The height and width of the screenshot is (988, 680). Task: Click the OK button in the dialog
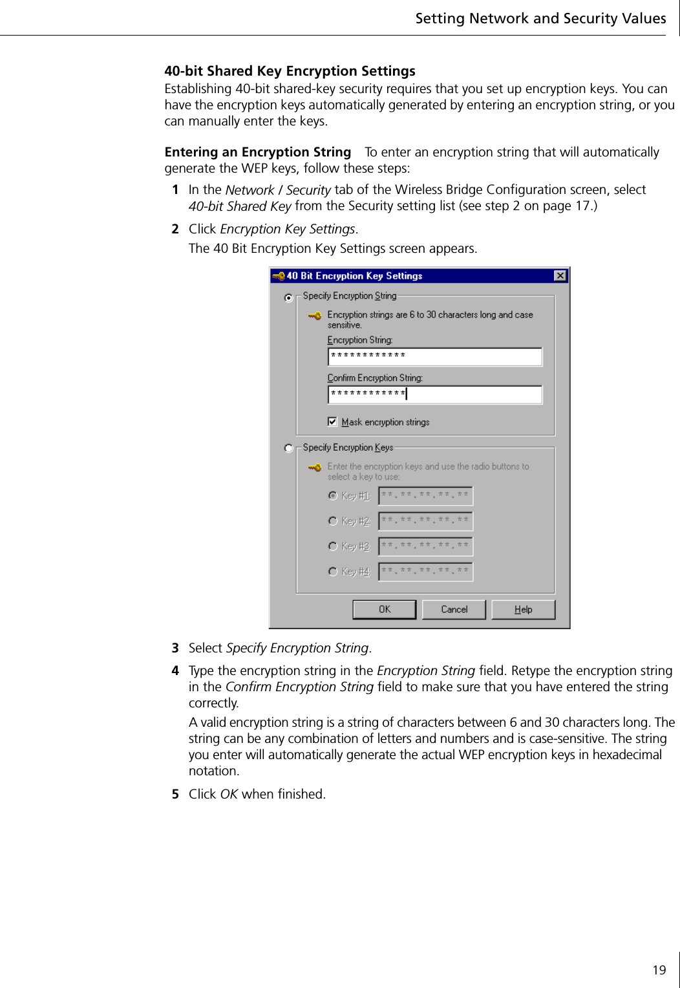click(384, 610)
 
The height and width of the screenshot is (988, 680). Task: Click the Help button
click(523, 610)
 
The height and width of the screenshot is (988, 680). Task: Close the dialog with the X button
click(560, 276)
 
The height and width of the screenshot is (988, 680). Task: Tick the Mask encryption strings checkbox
click(332, 422)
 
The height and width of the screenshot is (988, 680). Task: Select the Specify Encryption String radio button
click(289, 297)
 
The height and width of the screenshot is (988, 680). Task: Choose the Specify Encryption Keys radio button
click(289, 448)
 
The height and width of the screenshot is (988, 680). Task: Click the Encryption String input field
click(434, 356)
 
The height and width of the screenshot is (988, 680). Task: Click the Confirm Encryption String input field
click(434, 394)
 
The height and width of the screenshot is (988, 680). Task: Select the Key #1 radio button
click(333, 496)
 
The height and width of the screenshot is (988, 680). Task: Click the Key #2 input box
click(425, 521)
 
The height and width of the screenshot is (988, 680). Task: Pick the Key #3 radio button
click(333, 546)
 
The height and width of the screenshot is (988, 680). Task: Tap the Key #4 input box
click(425, 572)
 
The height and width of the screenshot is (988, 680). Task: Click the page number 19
click(659, 970)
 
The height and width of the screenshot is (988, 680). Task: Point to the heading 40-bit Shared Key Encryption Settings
click(290, 71)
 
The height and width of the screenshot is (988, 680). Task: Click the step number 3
click(175, 648)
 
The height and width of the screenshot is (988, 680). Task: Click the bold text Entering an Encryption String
click(257, 152)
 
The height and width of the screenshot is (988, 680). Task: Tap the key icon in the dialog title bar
click(278, 276)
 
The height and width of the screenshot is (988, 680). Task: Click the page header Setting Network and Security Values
click(540, 18)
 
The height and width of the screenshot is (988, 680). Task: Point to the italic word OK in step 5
click(229, 794)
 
